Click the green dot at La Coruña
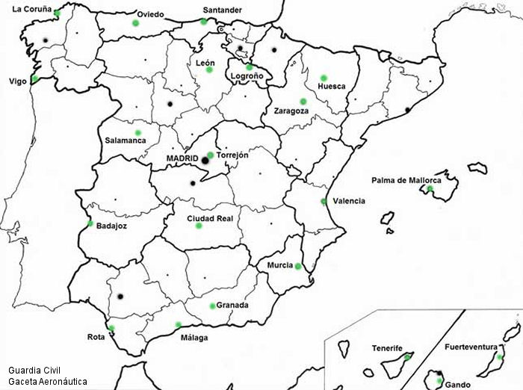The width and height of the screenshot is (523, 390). click(x=57, y=13)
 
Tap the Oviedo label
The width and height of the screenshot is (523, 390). click(x=150, y=14)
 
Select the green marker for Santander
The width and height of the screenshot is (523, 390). click(x=203, y=22)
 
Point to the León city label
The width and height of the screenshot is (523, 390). click(x=205, y=63)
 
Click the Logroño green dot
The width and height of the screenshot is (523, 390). click(x=250, y=67)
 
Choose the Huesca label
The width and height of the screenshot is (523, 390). click(x=331, y=86)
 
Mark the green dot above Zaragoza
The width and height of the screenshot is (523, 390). click(x=303, y=102)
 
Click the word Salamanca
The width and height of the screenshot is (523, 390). click(x=126, y=140)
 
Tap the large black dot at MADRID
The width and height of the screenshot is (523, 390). click(x=205, y=160)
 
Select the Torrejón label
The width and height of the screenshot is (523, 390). click(x=232, y=155)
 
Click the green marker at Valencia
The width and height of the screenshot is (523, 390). click(x=324, y=201)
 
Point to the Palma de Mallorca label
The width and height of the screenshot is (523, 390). click(x=406, y=180)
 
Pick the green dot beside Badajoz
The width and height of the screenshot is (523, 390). click(x=90, y=223)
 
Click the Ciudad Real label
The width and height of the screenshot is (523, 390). click(x=210, y=218)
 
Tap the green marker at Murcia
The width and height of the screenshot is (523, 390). click(x=298, y=267)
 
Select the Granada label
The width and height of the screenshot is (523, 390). click(x=232, y=305)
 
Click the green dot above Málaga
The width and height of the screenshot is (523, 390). click(x=178, y=324)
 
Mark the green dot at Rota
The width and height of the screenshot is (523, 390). click(x=111, y=328)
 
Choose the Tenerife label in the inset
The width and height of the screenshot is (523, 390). click(x=387, y=348)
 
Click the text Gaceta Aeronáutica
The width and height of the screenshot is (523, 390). click(x=48, y=381)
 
